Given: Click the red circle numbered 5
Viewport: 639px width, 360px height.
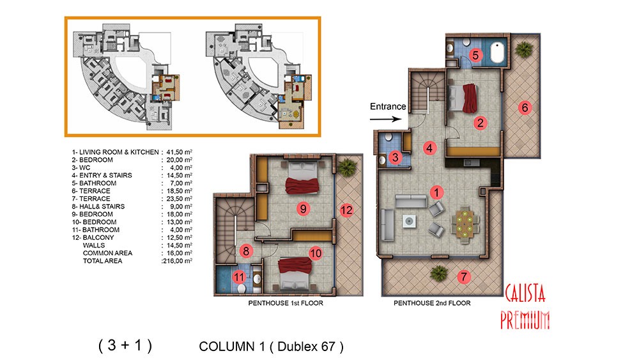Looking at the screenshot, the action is pos(475,55).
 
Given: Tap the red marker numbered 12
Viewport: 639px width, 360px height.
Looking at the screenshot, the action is pos(346,210).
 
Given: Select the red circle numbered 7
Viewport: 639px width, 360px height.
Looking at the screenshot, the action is pos(463,278).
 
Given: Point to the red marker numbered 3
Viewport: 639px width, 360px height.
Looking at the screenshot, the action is pos(395,157).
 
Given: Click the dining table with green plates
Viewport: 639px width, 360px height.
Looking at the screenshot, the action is pos(465,224).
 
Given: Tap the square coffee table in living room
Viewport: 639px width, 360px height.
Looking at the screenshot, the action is pos(409,221).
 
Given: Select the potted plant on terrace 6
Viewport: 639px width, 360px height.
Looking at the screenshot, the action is pos(524,49).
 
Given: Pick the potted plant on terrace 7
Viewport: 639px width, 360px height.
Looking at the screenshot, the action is pos(438,274).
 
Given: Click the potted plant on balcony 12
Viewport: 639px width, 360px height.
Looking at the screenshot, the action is pos(347,167).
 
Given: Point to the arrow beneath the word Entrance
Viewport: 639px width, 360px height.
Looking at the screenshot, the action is pos(385,119).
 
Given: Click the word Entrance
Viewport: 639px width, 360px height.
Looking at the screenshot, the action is pos(388,106).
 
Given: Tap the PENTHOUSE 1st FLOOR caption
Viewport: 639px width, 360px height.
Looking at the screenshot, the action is pos(286,303).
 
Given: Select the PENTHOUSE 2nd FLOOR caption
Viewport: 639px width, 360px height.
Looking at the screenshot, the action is pos(432,303).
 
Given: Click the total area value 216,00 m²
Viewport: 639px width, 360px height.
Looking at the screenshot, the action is pos(177,261).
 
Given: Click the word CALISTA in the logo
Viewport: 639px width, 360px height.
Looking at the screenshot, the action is pos(525,293).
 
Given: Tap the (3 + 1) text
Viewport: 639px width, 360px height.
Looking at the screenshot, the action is pos(125,345).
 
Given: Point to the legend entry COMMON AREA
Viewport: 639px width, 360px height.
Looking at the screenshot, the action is pos(107,253).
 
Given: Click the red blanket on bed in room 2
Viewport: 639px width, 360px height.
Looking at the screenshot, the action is pos(470,98).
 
